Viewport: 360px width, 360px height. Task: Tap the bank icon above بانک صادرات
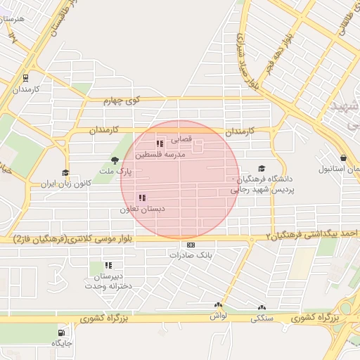tap(191, 245)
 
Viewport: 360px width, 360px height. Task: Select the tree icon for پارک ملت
tap(115, 161)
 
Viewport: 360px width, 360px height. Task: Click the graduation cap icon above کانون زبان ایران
tap(65, 173)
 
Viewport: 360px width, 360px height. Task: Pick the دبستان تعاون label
tap(141, 209)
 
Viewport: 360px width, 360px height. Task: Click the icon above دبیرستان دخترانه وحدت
tap(108, 265)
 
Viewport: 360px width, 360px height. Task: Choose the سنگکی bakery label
tap(262, 317)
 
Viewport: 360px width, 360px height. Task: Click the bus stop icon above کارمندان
tap(25, 79)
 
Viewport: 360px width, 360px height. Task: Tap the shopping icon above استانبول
tap(342, 158)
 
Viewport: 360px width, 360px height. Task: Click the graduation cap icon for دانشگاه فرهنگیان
tap(262, 169)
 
